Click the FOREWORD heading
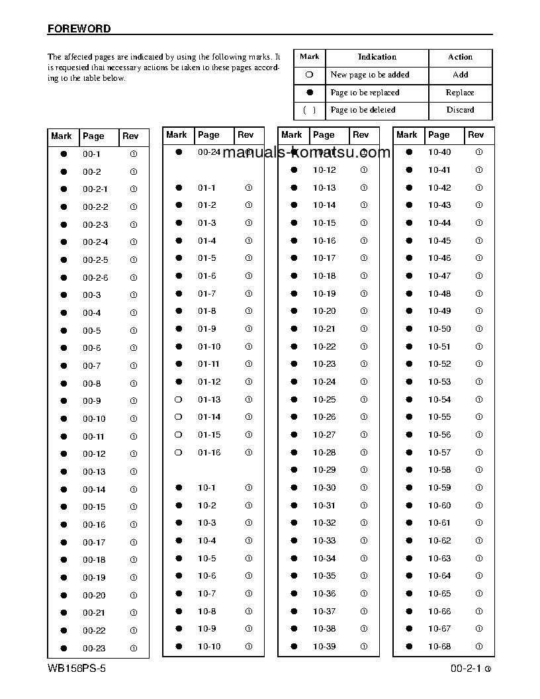[79, 29]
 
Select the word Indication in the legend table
[377, 57]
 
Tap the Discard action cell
[460, 110]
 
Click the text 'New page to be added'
[370, 75]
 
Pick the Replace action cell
[460, 93]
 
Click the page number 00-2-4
[95, 242]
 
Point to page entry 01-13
[209, 400]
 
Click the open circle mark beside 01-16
[178, 453]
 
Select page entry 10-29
[324, 470]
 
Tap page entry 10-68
[439, 647]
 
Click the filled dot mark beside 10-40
[409, 152]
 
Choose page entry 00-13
[94, 472]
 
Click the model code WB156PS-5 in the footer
[77, 669]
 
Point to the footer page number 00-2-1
[466, 669]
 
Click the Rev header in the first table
[130, 136]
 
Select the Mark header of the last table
[407, 135]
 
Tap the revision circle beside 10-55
[479, 417]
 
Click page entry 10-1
[206, 488]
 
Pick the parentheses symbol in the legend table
[310, 110]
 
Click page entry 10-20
[324, 311]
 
